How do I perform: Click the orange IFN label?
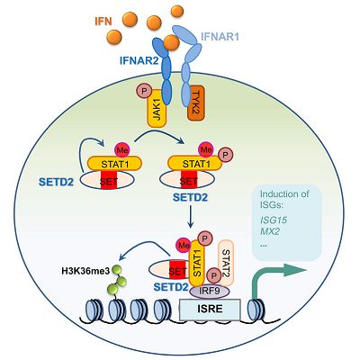point(103,22)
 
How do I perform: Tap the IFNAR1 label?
point(220,37)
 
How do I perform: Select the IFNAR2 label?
point(139,61)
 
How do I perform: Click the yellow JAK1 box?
point(157,110)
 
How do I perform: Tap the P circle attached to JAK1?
point(144,91)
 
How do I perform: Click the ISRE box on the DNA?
point(210,309)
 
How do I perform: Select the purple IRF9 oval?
point(210,292)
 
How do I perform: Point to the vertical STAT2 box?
point(226,262)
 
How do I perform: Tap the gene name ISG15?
point(274,220)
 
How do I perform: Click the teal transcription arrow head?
point(296,269)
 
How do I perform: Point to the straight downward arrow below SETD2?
point(190,217)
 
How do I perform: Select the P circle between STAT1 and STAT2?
point(214,275)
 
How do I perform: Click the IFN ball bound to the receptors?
point(172,42)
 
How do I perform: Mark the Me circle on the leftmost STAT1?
point(122,149)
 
